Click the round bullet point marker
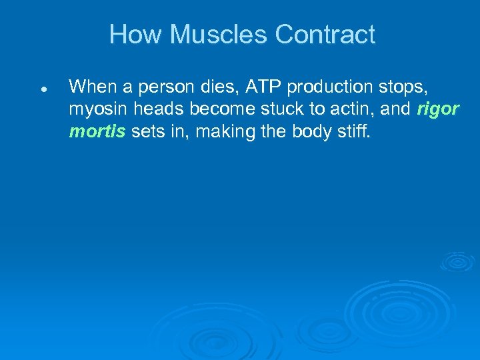[x=42, y=89]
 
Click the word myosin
[x=93, y=110]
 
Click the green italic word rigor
[x=438, y=110]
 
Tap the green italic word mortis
[x=97, y=131]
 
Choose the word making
[x=220, y=132]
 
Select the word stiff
[x=353, y=131]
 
